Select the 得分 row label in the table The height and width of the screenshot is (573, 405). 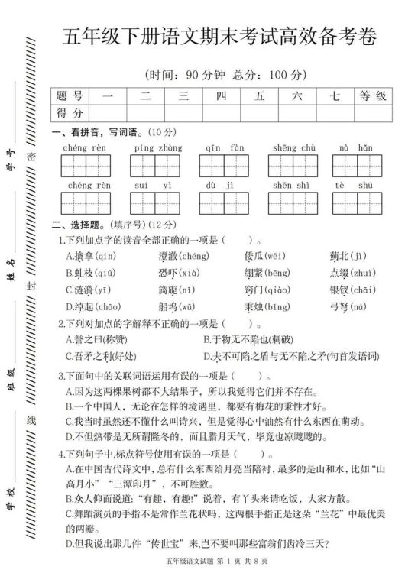click(70, 113)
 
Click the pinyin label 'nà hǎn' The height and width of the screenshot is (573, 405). click(356, 147)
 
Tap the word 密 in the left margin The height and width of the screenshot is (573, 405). click(31, 155)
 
